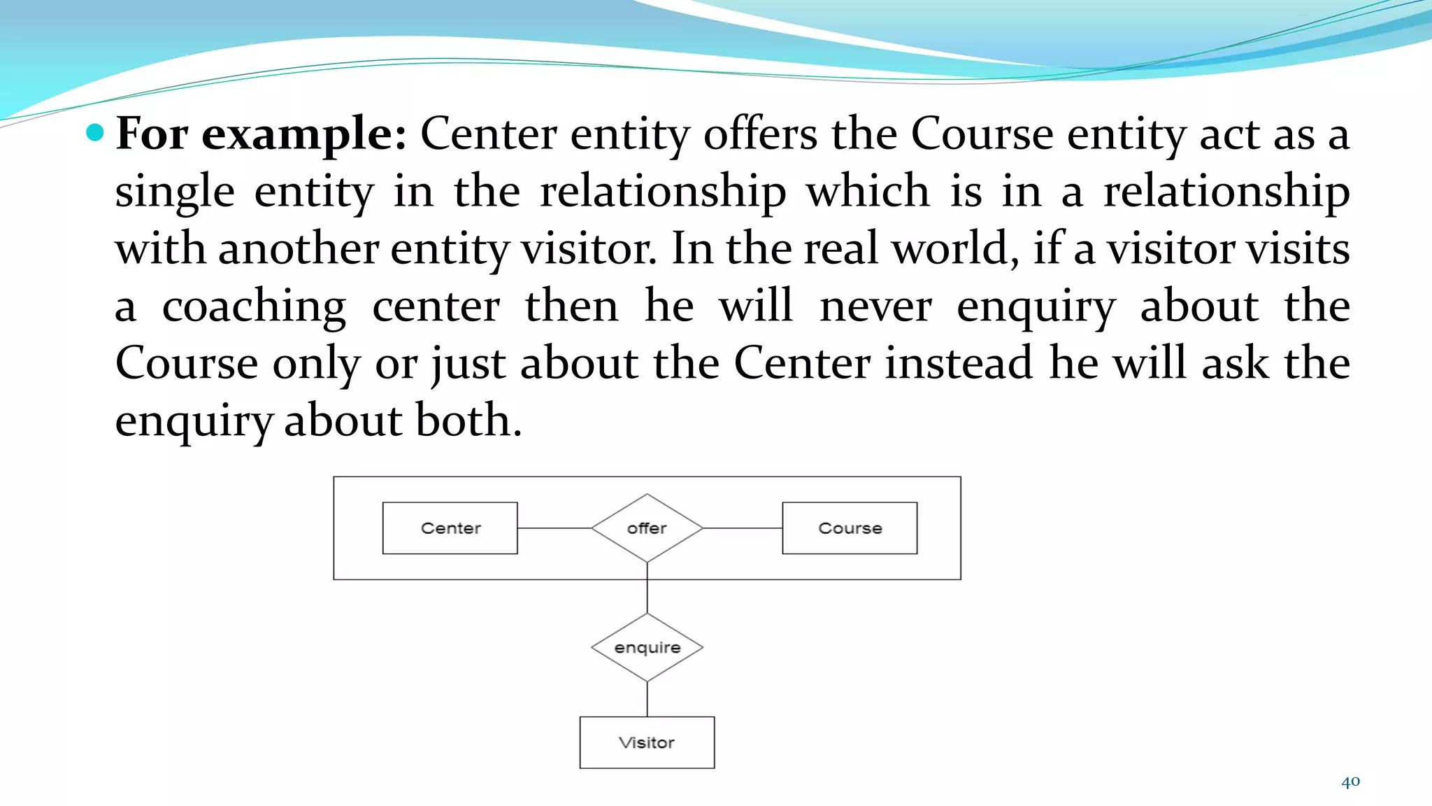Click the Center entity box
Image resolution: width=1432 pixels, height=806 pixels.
(450, 528)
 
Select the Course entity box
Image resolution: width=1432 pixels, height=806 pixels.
(850, 528)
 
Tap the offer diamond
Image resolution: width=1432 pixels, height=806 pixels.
(647, 528)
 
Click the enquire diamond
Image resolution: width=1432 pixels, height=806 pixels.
(647, 648)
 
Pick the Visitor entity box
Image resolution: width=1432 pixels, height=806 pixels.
(647, 742)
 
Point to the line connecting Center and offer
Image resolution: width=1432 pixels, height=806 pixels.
(554, 528)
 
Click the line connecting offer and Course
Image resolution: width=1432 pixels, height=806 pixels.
(742, 528)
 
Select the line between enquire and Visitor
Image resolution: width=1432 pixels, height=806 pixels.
(647, 699)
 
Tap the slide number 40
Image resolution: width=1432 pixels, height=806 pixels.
(1350, 782)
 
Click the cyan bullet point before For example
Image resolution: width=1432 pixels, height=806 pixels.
(95, 132)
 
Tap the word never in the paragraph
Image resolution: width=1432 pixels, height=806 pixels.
(875, 306)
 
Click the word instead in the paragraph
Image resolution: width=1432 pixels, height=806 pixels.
(959, 364)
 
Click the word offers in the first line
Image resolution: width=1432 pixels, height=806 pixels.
(760, 134)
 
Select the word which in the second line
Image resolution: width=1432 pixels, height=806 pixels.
(868, 192)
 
